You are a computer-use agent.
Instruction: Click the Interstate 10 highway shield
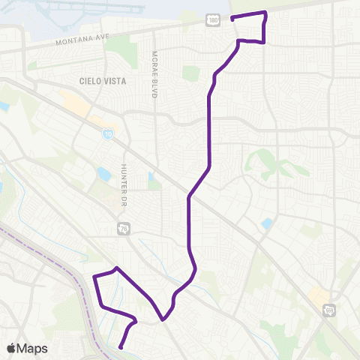pos(109,133)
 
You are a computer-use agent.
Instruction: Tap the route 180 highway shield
pos(214,22)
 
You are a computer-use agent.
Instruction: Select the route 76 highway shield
pos(122,227)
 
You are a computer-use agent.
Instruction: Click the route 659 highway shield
pos(329,309)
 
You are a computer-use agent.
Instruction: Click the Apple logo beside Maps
pos(11,349)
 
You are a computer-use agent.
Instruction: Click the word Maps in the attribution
pos(33,349)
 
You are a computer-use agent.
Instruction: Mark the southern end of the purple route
pos(121,346)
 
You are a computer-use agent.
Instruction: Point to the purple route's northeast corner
pos(265,13)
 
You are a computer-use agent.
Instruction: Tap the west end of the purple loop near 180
pos(232,18)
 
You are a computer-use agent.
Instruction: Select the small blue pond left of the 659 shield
pos(267,223)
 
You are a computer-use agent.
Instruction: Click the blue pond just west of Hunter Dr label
pos(103,175)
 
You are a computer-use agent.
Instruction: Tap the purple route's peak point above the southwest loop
pos(115,268)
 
